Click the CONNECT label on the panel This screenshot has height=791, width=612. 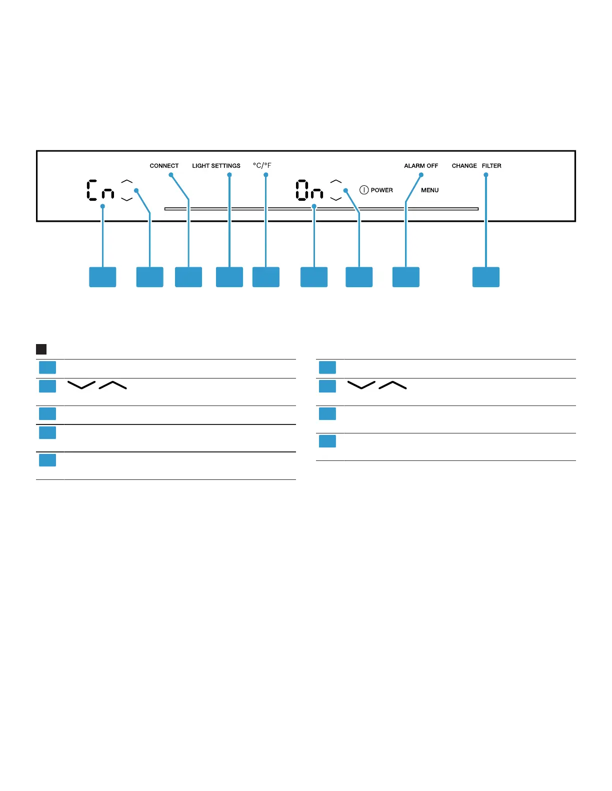(x=164, y=166)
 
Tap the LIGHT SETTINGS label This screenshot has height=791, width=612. (x=216, y=166)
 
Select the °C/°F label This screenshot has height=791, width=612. (x=262, y=165)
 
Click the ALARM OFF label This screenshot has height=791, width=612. (x=421, y=166)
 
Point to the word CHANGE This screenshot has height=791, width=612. (x=464, y=166)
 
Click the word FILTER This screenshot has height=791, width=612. (x=491, y=166)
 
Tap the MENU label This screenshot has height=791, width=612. (x=429, y=190)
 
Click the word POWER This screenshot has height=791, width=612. (x=381, y=190)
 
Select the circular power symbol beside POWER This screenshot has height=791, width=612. (x=364, y=190)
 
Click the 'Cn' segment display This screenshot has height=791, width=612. (x=100, y=190)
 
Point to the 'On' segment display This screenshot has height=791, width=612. (x=309, y=190)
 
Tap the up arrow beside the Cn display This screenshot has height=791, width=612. (x=127, y=181)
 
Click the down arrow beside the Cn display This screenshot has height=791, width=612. (x=127, y=199)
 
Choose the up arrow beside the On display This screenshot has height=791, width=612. (x=336, y=181)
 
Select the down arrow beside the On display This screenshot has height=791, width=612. (x=336, y=199)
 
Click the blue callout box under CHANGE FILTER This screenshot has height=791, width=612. (x=485, y=277)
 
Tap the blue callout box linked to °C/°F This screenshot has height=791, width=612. (x=265, y=277)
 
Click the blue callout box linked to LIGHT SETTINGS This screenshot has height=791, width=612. (x=229, y=277)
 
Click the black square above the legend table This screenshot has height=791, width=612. (x=41, y=349)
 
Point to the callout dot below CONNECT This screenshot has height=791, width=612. (x=171, y=175)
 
